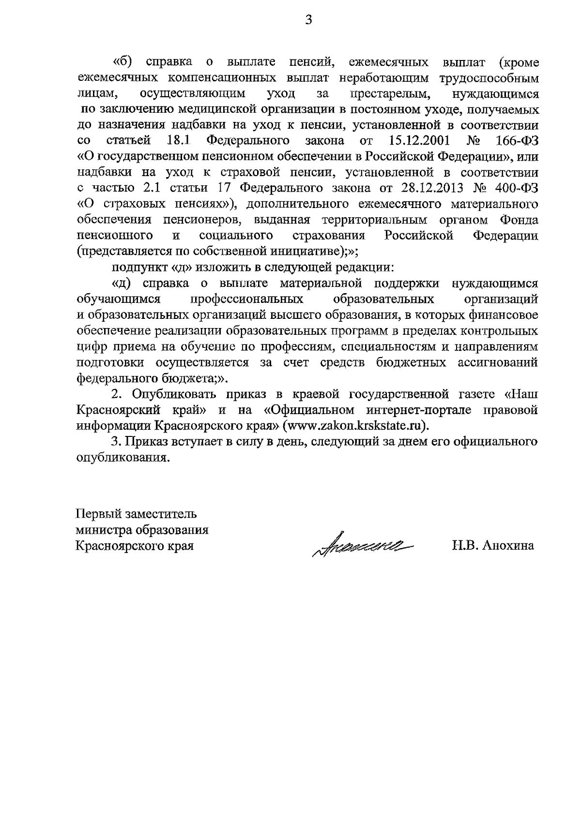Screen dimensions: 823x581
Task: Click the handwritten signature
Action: [x=362, y=545]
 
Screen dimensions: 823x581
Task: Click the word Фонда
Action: [x=518, y=220]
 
